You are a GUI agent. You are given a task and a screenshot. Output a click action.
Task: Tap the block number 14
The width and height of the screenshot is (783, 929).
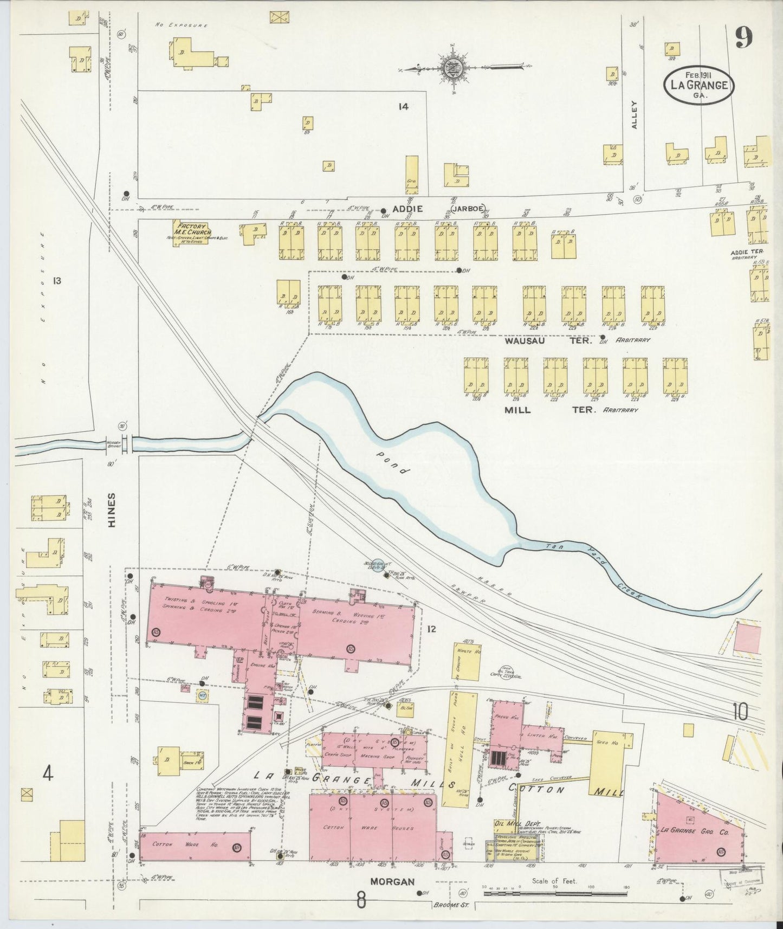tap(402, 107)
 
